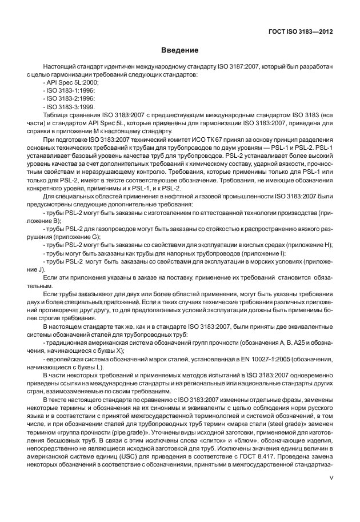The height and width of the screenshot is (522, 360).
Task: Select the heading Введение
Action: coord(179,51)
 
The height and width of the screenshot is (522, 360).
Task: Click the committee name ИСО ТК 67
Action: coord(195,140)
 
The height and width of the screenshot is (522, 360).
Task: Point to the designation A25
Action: coord(295,342)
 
